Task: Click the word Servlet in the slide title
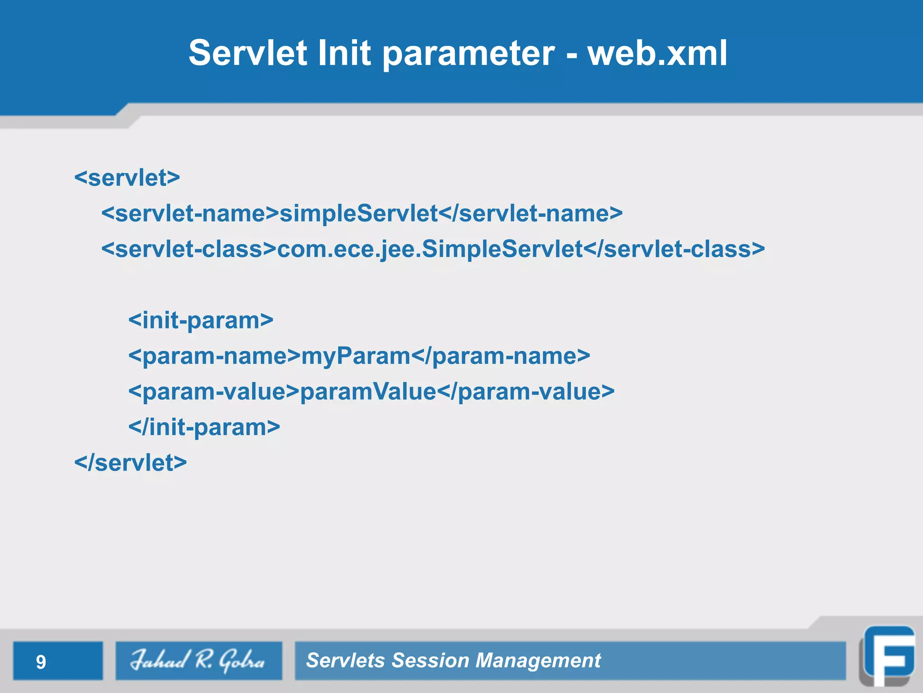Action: coord(248,53)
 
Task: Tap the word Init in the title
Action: coord(344,53)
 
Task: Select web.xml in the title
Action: coord(657,53)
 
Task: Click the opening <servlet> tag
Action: coord(127,178)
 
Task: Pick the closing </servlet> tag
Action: coord(130,463)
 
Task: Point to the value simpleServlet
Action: coord(359,213)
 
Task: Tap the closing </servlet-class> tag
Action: coord(674,249)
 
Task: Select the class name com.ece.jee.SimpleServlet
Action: coord(430,249)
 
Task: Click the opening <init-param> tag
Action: coord(201,321)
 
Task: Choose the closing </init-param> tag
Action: coord(204,427)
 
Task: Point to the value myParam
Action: coord(356,356)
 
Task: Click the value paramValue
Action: coord(368,392)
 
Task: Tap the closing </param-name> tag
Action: coord(501,356)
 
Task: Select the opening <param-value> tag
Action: coord(214,392)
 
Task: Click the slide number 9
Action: coord(41,662)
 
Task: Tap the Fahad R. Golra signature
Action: coord(198,661)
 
